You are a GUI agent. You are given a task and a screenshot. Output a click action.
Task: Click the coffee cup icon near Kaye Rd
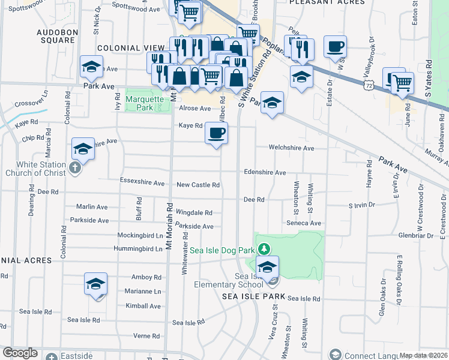pyautogui.click(x=216, y=133)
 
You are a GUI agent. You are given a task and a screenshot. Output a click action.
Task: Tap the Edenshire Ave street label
pyautogui.click(x=265, y=172)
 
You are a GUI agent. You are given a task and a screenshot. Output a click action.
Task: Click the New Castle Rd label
pyautogui.click(x=197, y=185)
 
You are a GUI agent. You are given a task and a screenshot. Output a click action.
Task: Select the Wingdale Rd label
pyautogui.click(x=194, y=212)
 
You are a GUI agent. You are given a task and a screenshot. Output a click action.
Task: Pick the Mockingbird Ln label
pyautogui.click(x=140, y=236)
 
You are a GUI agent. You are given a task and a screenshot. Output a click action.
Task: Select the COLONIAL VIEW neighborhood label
pyautogui.click(x=131, y=48)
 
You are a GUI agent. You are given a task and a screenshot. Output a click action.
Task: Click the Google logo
pyautogui.click(x=20, y=353)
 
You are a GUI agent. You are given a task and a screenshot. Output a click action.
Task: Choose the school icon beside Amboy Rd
pyautogui.click(x=95, y=283)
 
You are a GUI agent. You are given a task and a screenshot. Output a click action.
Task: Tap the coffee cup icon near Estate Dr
pyautogui.click(x=335, y=46)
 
